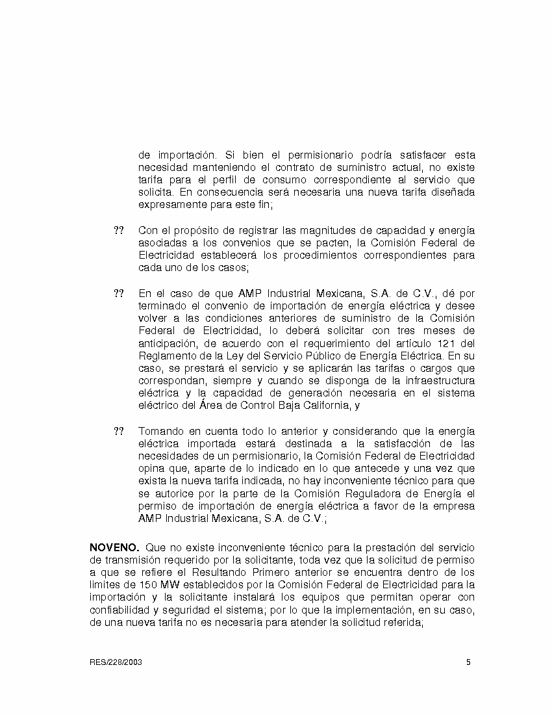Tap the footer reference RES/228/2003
point(116,662)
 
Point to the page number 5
point(468,662)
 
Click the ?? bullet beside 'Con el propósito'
point(119,231)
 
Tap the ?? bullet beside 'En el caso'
point(119,293)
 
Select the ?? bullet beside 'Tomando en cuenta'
point(119,432)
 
